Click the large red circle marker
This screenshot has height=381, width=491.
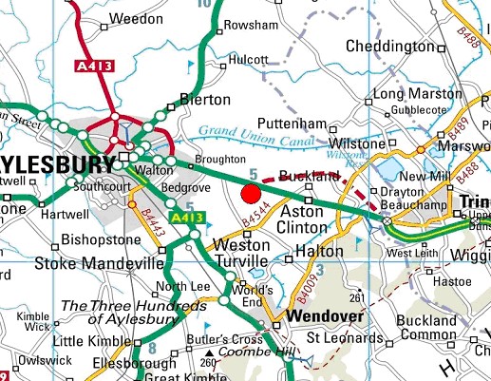251,195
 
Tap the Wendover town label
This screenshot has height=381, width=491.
321,314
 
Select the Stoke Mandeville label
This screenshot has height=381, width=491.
92,262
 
